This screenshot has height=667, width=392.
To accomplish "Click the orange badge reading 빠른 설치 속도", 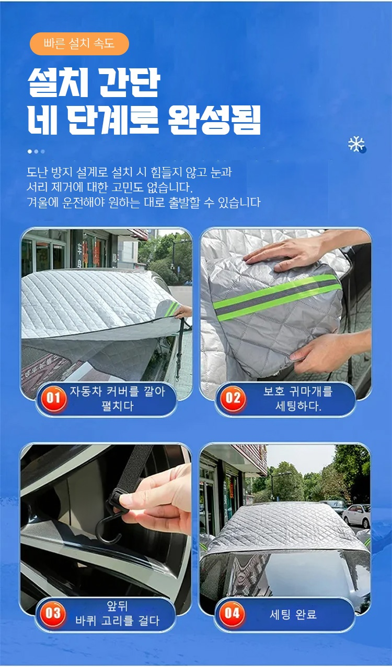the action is (79, 44).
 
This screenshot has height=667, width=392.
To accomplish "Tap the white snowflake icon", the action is (356, 144).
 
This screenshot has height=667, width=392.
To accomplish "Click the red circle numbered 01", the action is (53, 399).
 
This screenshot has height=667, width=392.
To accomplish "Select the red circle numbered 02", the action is (233, 399).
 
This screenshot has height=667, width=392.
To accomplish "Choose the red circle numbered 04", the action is (232, 613).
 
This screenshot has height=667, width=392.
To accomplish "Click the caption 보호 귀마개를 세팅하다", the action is (298, 399).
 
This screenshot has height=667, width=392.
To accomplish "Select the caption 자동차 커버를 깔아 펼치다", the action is (117, 399).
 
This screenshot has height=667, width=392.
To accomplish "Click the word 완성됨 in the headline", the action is (214, 120).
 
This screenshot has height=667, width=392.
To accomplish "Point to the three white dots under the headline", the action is (36, 151).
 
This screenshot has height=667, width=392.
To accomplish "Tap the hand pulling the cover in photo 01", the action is (183, 312).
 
